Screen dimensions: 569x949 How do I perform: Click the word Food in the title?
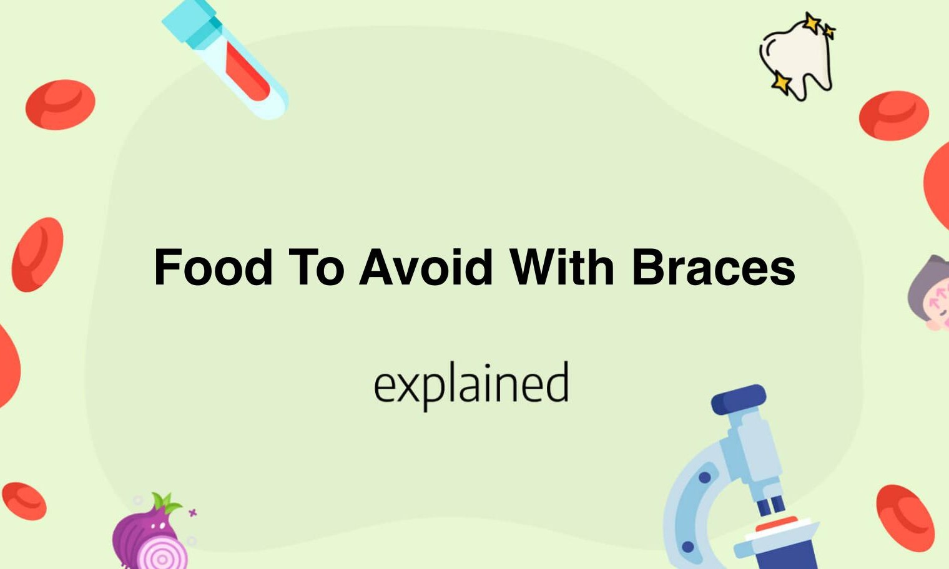(214, 268)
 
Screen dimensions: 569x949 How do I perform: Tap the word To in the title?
(317, 268)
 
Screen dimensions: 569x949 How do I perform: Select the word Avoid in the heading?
(426, 268)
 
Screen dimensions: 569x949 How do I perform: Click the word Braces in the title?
(713, 268)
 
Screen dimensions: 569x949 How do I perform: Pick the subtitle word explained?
(471, 384)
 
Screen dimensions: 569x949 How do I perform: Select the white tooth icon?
(799, 59)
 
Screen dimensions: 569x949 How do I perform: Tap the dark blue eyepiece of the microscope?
(739, 399)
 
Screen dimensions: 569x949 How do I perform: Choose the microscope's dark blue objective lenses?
(772, 504)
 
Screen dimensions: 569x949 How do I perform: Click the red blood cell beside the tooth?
(893, 115)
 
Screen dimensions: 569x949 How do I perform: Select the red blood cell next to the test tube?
(60, 105)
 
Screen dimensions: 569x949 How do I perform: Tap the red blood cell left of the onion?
(24, 501)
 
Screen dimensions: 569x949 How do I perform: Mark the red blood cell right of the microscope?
(905, 518)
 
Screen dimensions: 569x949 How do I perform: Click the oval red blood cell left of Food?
(37, 255)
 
